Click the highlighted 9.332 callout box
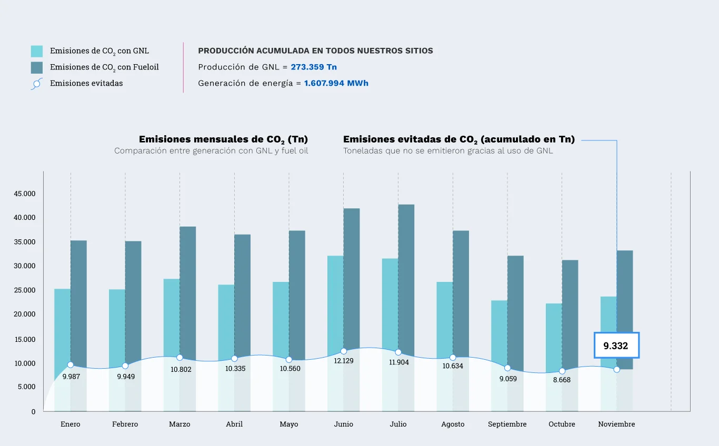[616, 346]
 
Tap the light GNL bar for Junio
[335, 300]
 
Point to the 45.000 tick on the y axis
[25, 194]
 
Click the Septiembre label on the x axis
[507, 424]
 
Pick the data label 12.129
[344, 361]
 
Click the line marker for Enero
[71, 365]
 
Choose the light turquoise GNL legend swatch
[37, 51]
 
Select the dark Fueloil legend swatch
[37, 67]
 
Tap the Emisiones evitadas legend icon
[37, 84]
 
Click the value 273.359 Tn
[314, 67]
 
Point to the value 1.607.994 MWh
[336, 83]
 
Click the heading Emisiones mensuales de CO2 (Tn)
[223, 139]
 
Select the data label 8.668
[562, 380]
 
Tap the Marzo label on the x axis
[179, 424]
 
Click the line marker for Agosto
[453, 358]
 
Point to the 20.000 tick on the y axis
[25, 314]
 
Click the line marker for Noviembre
[616, 370]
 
